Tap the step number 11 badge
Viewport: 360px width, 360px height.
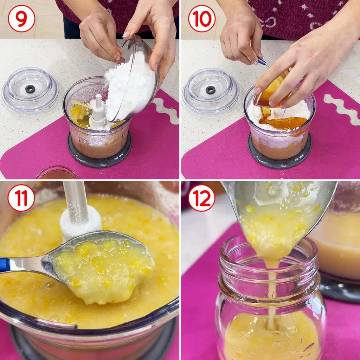(21, 198)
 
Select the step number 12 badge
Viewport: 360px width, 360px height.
(201, 198)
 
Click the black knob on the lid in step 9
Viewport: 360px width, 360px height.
(30, 89)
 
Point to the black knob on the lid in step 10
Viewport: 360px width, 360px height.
(210, 90)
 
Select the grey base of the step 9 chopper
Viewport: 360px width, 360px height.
(99, 156)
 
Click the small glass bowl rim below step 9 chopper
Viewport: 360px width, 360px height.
(57, 170)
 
